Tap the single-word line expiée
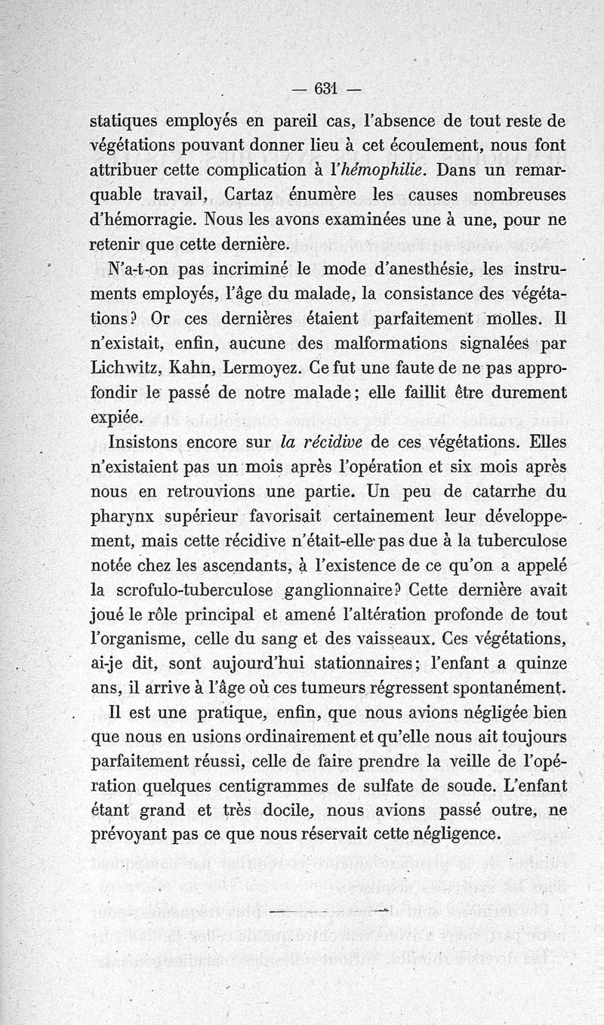[115, 417]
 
